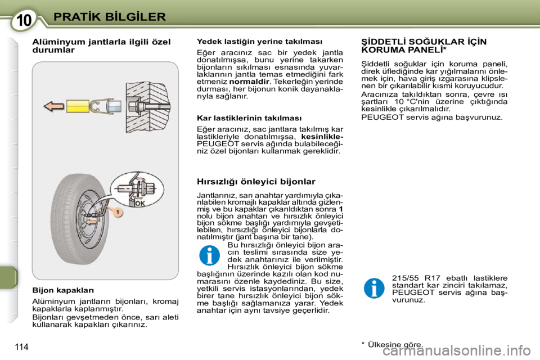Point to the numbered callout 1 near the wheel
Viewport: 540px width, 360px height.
click(x=118, y=212)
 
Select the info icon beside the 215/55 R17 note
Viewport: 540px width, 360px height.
click(x=373, y=287)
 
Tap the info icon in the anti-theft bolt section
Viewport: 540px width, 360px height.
click(x=209, y=254)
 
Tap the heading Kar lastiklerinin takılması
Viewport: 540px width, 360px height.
click(x=249, y=118)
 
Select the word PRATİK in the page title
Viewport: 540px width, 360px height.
click(x=78, y=16)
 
